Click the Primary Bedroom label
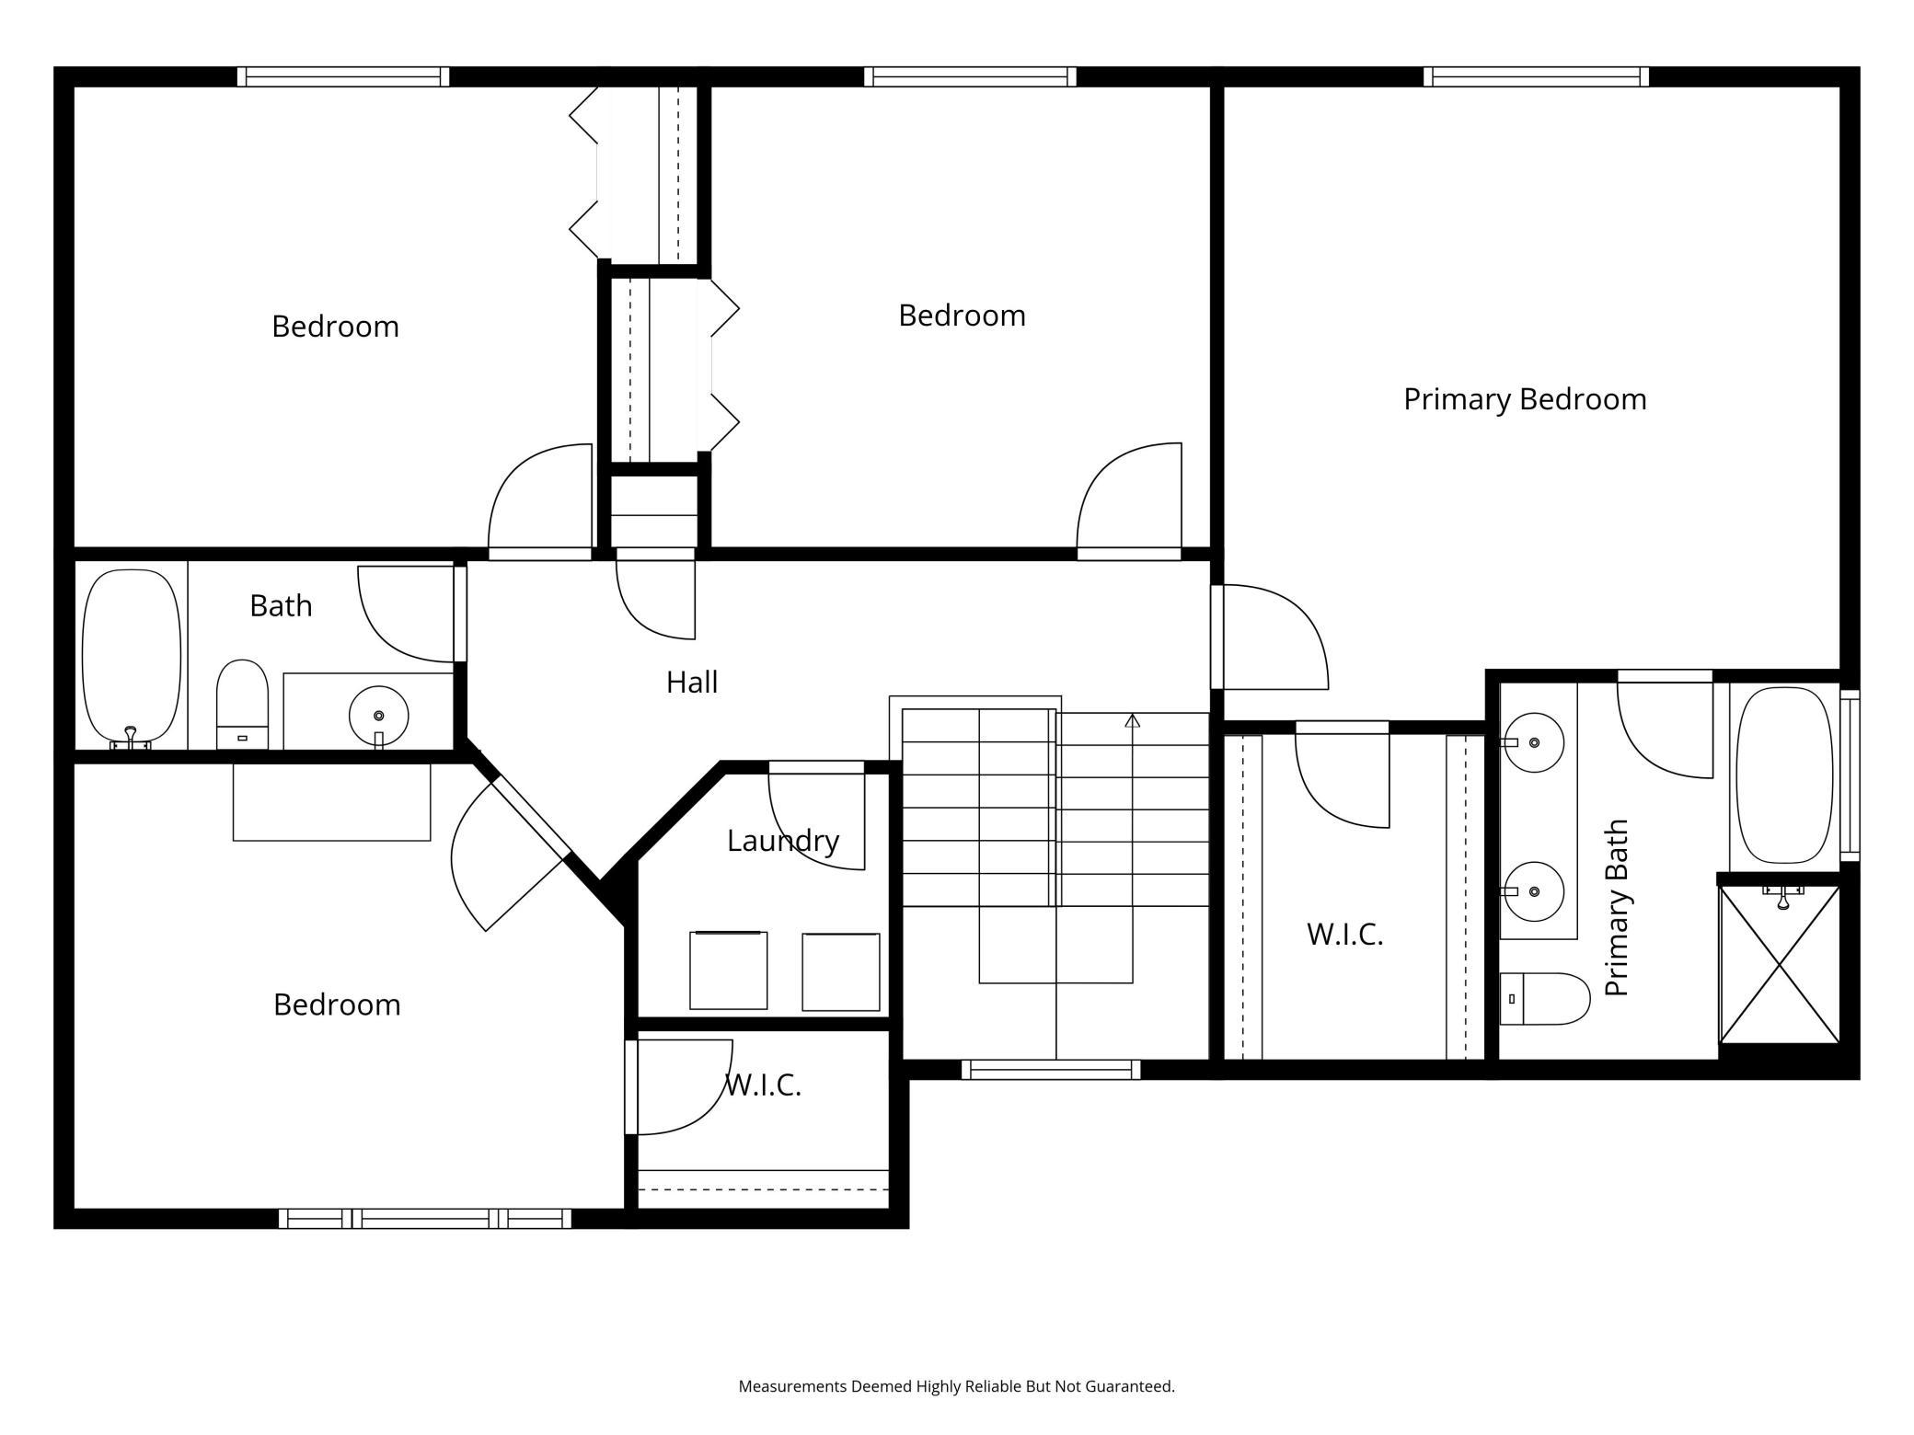tap(1524, 399)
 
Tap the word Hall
tap(691, 683)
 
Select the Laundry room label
tap(782, 841)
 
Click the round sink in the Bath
tap(378, 716)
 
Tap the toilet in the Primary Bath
tap(1544, 999)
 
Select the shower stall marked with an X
tap(1780, 964)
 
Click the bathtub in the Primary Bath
tap(1783, 775)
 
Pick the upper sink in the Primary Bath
tap(1533, 741)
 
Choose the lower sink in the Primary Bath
tap(1533, 891)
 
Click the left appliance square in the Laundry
tap(728, 970)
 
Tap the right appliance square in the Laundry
tap(840, 972)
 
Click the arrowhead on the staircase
tap(1132, 721)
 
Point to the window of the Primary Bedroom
tap(1535, 77)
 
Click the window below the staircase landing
tap(1050, 1069)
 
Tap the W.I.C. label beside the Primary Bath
tap(1344, 935)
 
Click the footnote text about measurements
tap(956, 1386)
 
